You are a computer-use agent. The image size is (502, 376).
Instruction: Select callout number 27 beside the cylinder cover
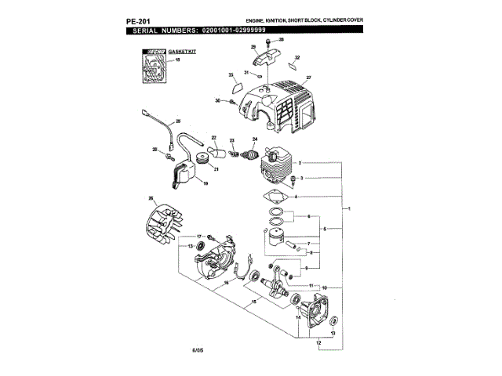309,78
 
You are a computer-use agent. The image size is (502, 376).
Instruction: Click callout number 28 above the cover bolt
282,38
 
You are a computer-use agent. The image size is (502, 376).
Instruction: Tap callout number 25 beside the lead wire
178,121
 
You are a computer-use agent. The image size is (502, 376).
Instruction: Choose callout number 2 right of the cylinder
301,162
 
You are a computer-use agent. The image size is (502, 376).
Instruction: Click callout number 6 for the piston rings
309,215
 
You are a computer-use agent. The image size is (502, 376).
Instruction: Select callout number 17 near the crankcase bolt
200,236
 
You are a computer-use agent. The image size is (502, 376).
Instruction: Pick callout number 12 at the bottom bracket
318,342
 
